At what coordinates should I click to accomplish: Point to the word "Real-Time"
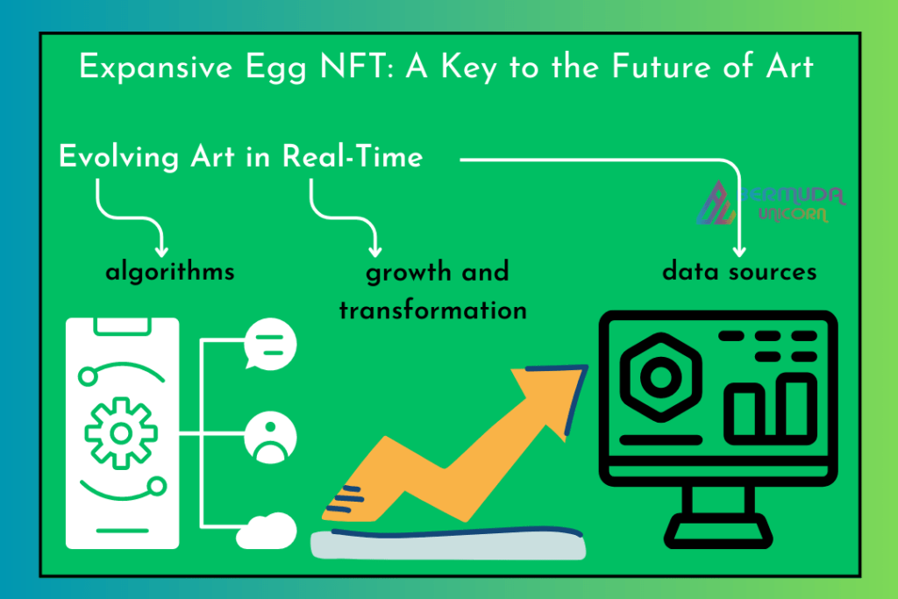coord(353,156)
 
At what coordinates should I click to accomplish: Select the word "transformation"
coord(433,310)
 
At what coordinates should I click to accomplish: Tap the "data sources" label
coord(739,272)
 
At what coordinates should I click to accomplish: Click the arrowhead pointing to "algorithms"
coord(162,252)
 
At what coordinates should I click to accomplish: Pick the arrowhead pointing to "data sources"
coord(739,252)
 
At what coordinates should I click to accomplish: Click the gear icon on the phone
coord(121,433)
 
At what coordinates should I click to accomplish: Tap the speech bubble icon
coord(270,345)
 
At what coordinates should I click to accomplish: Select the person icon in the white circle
coord(270,438)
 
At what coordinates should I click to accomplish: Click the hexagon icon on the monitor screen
coord(661,377)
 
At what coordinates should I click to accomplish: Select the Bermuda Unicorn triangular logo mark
coord(716,203)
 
